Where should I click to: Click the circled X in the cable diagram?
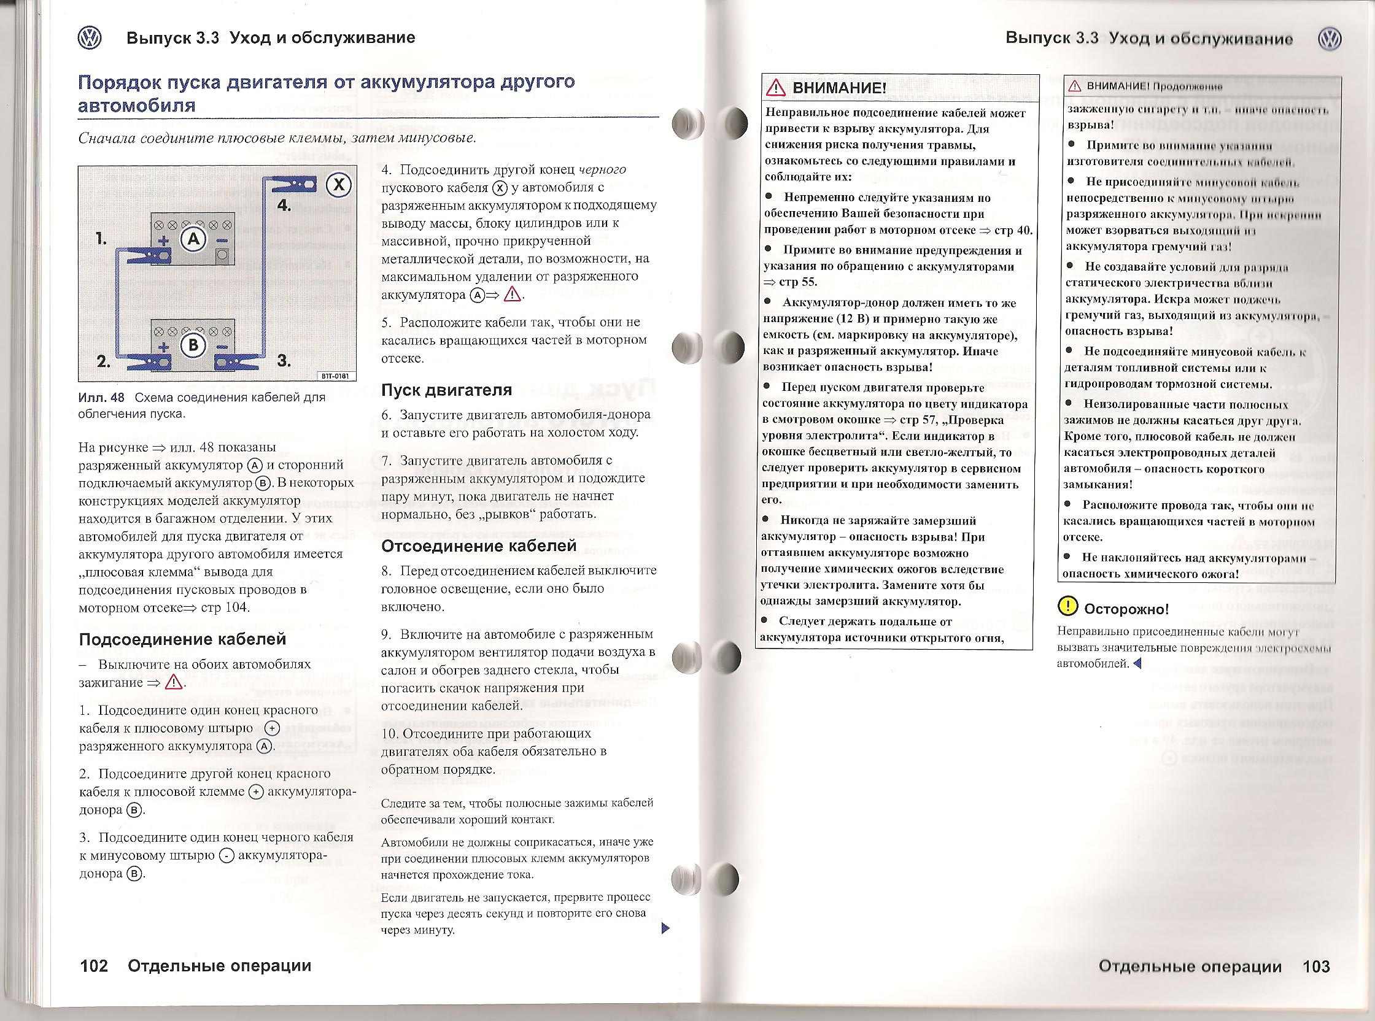[x=339, y=185]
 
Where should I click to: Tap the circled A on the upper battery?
[x=193, y=239]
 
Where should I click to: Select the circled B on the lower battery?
[x=193, y=344]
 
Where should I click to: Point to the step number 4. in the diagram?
[x=284, y=205]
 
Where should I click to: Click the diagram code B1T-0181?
[x=336, y=376]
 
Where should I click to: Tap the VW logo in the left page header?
[x=90, y=38]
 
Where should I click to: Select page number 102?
[x=94, y=965]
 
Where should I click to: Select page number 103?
[x=1315, y=966]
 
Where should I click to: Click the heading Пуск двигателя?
[x=446, y=390]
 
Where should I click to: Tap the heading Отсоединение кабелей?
[x=479, y=546]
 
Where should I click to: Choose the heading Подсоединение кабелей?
[x=182, y=639]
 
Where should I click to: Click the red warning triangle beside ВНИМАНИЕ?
[x=775, y=88]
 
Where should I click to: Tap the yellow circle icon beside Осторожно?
[x=1067, y=607]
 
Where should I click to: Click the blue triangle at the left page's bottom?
[x=665, y=928]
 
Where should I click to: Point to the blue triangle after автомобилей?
[x=1136, y=664]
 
